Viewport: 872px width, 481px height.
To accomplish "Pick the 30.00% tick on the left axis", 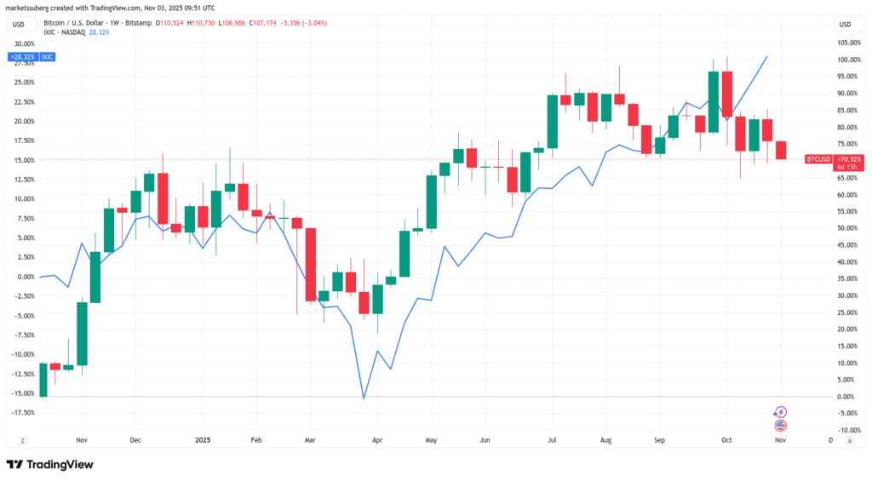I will (25, 43).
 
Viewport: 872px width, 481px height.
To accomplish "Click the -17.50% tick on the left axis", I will (23, 412).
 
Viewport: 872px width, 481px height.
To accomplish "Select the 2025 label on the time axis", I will (203, 440).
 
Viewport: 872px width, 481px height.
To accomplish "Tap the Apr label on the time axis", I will (376, 440).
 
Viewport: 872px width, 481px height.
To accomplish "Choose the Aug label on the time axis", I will (605, 440).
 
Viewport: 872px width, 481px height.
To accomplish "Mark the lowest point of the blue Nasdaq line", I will (364, 398).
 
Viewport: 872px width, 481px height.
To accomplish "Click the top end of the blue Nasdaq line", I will (767, 57).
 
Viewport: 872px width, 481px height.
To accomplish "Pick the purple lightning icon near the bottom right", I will (781, 412).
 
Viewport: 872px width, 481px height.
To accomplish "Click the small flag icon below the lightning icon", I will (781, 424).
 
